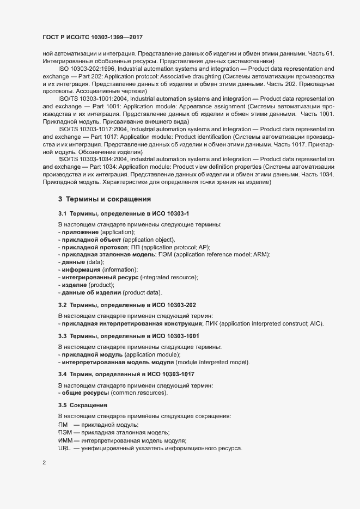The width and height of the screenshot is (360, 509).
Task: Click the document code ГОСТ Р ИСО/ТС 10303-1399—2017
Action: pyautogui.click(x=93, y=38)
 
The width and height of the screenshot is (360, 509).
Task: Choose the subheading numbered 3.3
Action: pyautogui.click(x=129, y=336)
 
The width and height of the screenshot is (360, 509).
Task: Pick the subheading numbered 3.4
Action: pyautogui.click(x=126, y=374)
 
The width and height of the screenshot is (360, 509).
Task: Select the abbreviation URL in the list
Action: pyautogui.click(x=64, y=448)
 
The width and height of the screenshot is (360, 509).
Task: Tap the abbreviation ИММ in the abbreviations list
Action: pyautogui.click(x=65, y=440)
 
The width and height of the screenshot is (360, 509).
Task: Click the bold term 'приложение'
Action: pyautogui.click(x=81, y=232)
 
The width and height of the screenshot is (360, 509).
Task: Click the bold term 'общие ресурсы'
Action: pyautogui.click(x=85, y=393)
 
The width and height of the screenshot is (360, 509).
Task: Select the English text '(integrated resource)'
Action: pyautogui.click(x=169, y=278)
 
